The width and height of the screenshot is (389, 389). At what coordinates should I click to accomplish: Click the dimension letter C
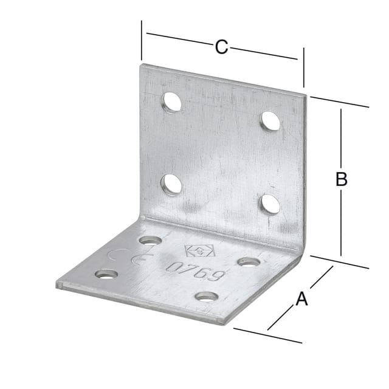221,47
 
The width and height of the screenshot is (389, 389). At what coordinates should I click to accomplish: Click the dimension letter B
341,179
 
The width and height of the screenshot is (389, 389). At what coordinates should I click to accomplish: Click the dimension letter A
301,298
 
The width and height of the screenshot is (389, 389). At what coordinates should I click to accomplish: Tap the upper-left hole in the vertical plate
172,102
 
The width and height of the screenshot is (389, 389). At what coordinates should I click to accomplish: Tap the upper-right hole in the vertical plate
270,122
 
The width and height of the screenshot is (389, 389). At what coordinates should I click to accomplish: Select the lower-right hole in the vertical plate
270,205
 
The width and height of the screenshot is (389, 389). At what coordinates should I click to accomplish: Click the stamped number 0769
195,270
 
